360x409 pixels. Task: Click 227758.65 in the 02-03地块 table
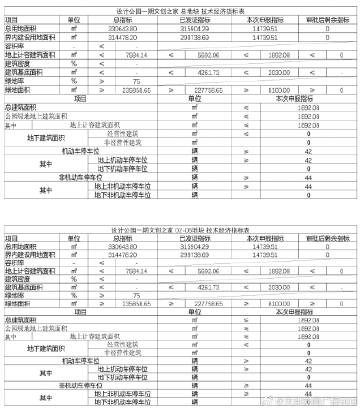(x=198, y=273)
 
